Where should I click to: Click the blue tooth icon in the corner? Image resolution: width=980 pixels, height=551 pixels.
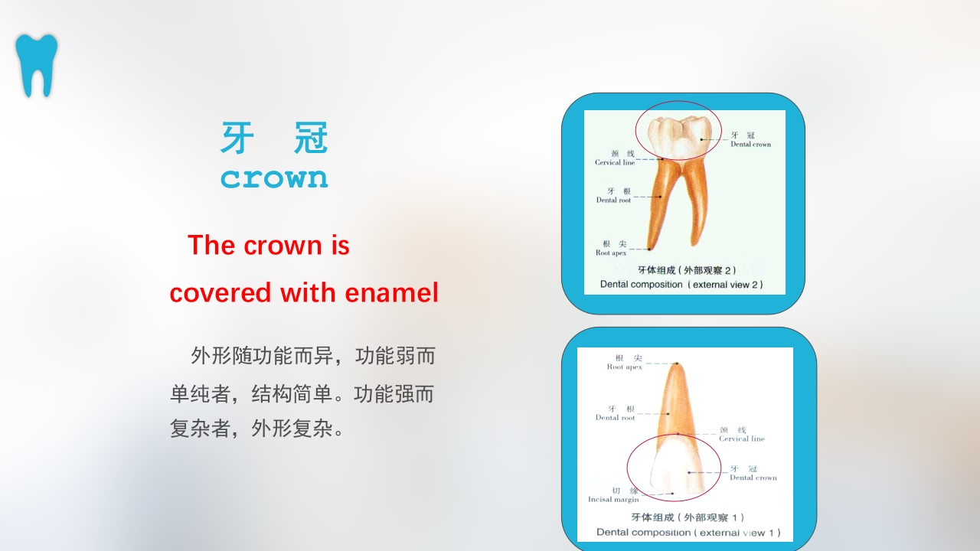click(x=36, y=64)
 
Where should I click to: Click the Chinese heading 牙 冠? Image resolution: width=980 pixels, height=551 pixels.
click(x=274, y=139)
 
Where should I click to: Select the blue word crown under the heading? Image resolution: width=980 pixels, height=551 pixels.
click(x=274, y=178)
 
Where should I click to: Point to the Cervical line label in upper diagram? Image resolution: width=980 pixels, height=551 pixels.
click(x=615, y=158)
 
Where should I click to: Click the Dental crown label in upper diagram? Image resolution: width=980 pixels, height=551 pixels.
click(x=750, y=140)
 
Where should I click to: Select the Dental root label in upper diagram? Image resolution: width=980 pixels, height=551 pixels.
click(x=614, y=196)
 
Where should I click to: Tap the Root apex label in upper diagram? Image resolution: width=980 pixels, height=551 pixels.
click(x=611, y=249)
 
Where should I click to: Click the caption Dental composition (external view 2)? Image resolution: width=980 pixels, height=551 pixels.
click(x=681, y=284)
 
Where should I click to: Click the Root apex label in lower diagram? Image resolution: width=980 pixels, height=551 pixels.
click(x=625, y=363)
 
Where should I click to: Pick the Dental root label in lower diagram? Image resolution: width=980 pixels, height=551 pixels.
click(x=616, y=414)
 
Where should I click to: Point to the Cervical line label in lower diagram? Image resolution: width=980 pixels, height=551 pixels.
click(x=740, y=435)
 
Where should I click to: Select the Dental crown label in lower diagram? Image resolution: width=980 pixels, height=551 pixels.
click(x=752, y=474)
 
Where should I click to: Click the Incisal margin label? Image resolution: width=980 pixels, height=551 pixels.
click(x=613, y=495)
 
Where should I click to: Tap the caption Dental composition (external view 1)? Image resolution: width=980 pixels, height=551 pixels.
click(x=688, y=532)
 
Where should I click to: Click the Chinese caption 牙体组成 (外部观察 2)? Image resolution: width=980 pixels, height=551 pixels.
click(x=687, y=270)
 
